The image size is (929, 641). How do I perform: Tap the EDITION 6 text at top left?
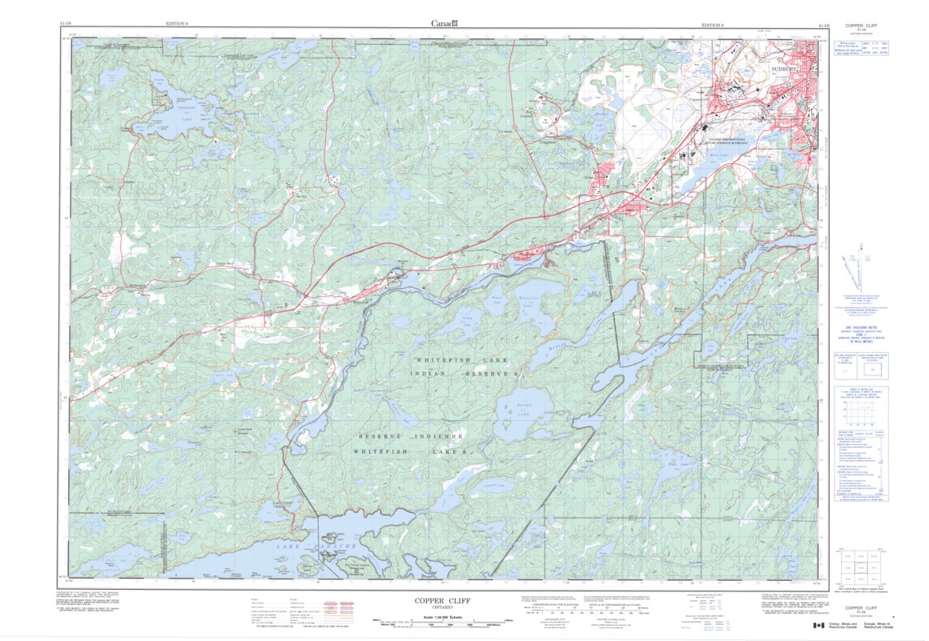point(175,24)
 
